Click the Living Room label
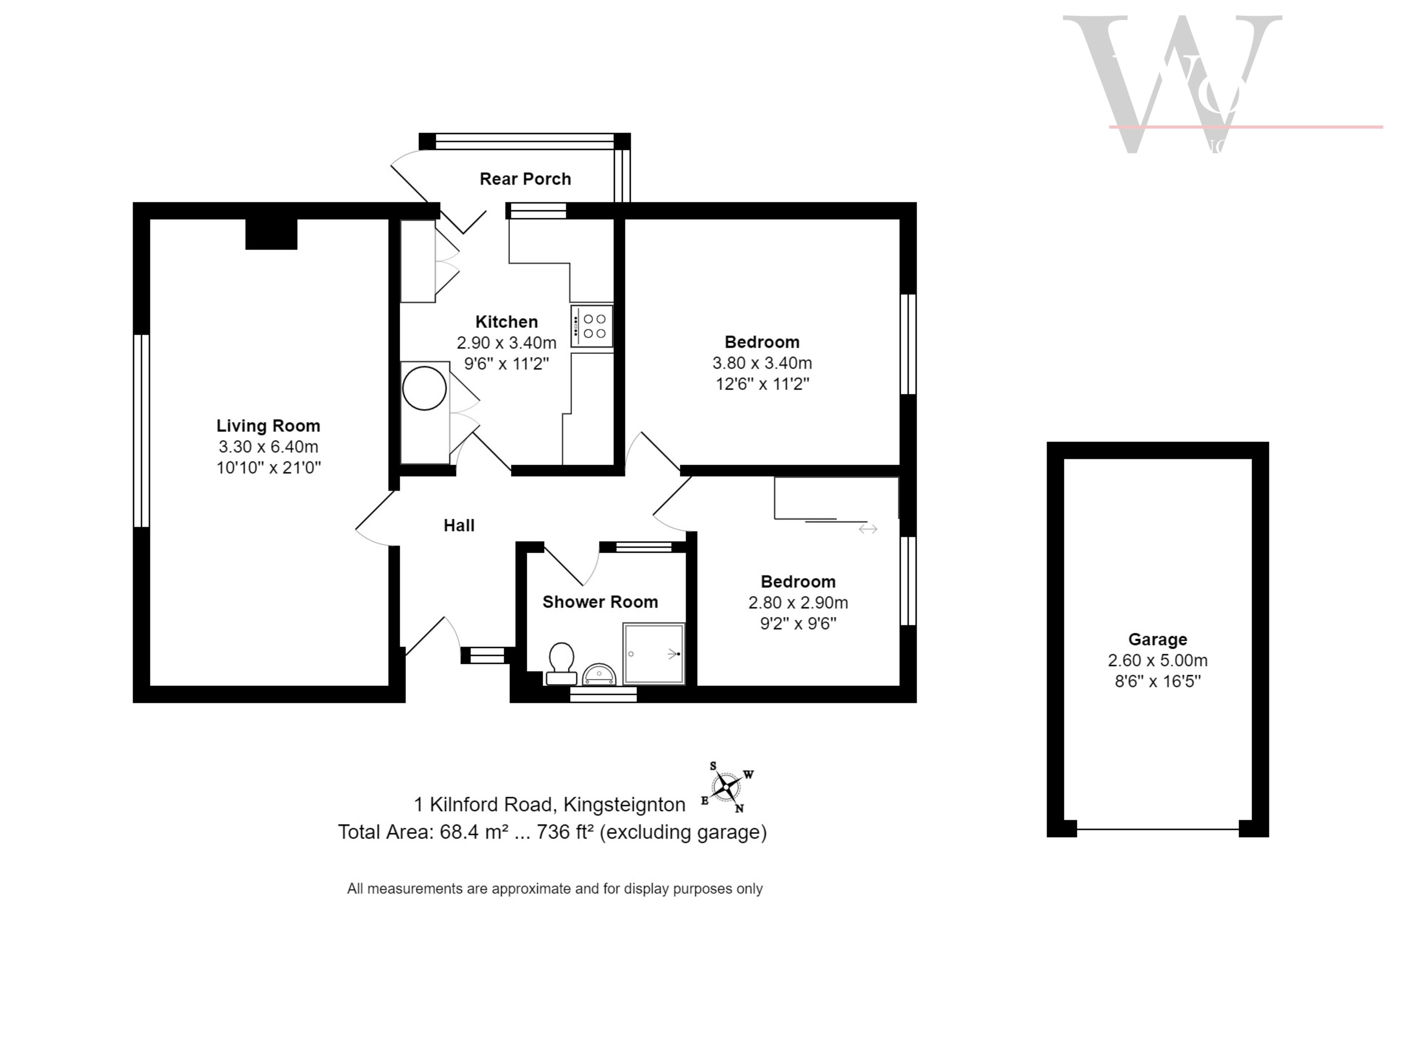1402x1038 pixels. (x=268, y=425)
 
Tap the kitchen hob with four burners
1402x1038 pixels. (x=591, y=326)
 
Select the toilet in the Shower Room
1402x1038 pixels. (x=561, y=662)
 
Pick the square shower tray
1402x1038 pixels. (x=653, y=654)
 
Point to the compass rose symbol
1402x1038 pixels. (x=727, y=787)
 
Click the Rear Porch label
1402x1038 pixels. (x=525, y=179)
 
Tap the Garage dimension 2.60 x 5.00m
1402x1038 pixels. (x=1158, y=660)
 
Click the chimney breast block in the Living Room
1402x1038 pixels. (x=271, y=234)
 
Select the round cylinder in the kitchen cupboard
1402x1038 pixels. (x=424, y=389)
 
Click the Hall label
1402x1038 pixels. (x=459, y=525)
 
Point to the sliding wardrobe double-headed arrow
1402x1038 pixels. (x=868, y=529)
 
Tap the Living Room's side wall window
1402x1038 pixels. (x=141, y=430)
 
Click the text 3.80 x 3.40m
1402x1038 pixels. (x=762, y=363)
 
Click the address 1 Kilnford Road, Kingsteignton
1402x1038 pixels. (x=549, y=804)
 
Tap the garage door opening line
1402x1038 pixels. (x=1158, y=829)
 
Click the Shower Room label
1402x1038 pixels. (x=600, y=602)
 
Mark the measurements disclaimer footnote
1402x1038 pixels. (x=555, y=889)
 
